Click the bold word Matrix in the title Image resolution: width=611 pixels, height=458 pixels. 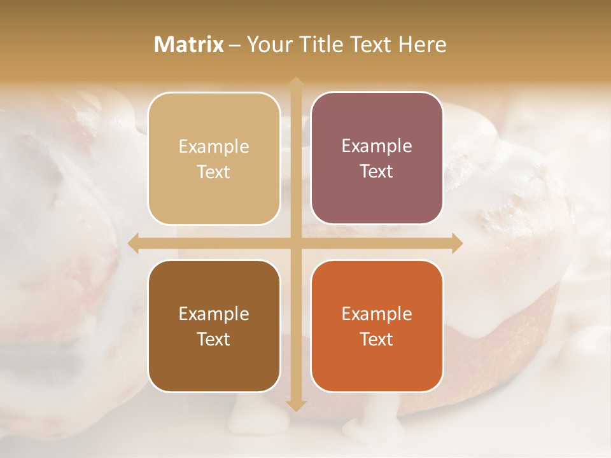pos(189,45)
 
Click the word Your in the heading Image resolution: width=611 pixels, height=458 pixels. pos(267,45)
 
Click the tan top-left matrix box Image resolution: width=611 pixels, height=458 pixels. pos(214,158)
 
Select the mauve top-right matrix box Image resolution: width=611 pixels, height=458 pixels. pos(377,158)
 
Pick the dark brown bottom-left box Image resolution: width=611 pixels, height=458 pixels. pos(214,326)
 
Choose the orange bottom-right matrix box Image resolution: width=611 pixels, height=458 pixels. pos(377,326)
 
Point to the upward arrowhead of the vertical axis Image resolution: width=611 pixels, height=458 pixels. pos(295,83)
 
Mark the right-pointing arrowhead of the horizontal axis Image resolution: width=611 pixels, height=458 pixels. pos(456,244)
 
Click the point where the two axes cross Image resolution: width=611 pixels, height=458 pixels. pos(295,244)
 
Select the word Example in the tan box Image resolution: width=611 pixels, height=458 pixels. pos(214,147)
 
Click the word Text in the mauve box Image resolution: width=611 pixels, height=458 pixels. pos(377,172)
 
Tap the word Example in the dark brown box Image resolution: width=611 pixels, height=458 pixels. pos(214,314)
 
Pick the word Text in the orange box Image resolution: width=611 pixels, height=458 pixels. pos(377,339)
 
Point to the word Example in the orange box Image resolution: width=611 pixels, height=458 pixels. pos(377,314)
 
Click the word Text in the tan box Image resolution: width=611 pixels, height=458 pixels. pos(214,172)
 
